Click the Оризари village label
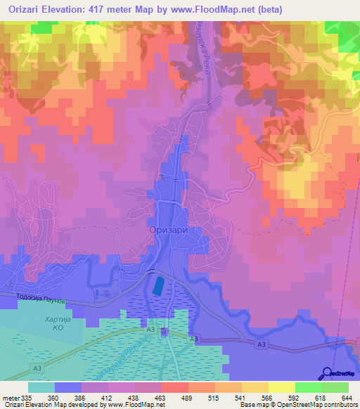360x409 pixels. [x=168, y=229]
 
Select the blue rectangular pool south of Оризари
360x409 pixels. [x=159, y=285]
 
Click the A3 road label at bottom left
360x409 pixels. [x=37, y=367]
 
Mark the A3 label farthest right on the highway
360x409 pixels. [x=262, y=344]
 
